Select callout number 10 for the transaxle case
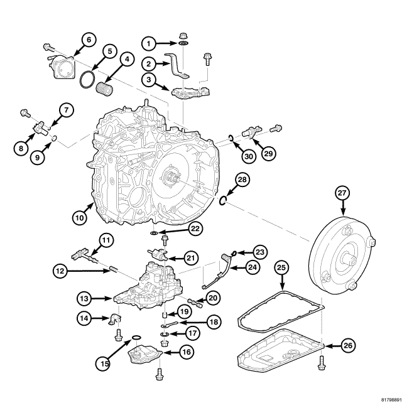79,217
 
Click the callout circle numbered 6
88,40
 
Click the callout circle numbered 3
148,80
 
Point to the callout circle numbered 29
269,153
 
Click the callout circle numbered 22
195,230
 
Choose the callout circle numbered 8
22,148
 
